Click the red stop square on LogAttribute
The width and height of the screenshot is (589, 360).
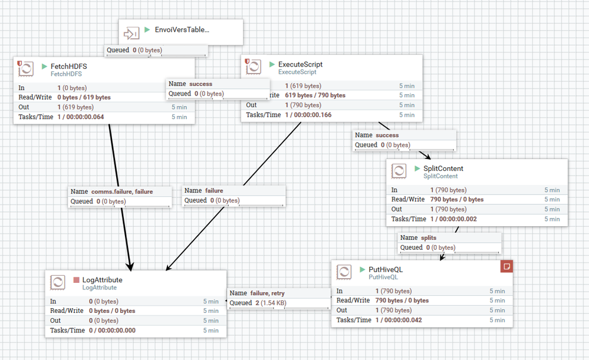[x=76, y=280]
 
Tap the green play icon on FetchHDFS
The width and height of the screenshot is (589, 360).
[x=44, y=67]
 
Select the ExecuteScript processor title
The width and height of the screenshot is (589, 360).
[x=300, y=64]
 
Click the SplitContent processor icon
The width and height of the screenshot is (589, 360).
[x=399, y=171]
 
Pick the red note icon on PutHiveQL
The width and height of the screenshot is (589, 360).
[x=506, y=266]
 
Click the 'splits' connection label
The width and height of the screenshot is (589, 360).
[x=429, y=237]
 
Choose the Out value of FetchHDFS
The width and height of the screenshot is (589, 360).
[x=75, y=107]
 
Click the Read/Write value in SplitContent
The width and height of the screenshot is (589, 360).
[x=457, y=199]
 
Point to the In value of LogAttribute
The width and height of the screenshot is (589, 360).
[x=103, y=301]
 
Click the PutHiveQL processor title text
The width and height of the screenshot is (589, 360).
[x=386, y=269]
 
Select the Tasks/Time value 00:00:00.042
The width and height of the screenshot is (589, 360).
[x=399, y=320]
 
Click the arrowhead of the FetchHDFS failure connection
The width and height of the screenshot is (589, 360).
[x=130, y=266]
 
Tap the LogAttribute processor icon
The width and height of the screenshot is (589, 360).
[x=58, y=282]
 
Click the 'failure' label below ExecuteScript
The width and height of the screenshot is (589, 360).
[x=213, y=190]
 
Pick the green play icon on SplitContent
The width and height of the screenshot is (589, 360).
[x=418, y=169]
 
